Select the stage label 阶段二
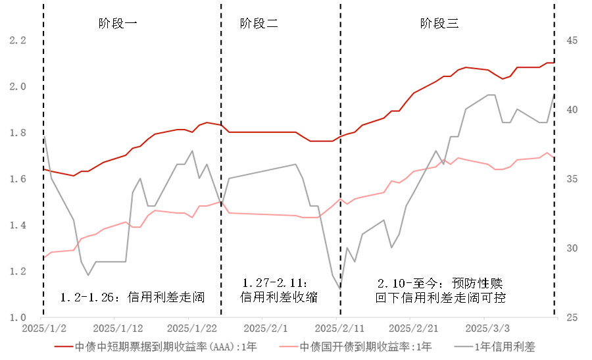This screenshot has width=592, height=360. (x=259, y=24)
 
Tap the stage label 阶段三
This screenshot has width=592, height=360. (x=439, y=24)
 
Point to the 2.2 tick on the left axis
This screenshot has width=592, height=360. (x=17, y=40)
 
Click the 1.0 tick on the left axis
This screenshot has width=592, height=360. (x=17, y=317)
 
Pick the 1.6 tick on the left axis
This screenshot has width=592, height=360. (x=17, y=179)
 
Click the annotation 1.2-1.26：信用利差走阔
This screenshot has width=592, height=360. (x=132, y=297)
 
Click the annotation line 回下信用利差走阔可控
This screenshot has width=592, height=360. (x=440, y=297)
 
